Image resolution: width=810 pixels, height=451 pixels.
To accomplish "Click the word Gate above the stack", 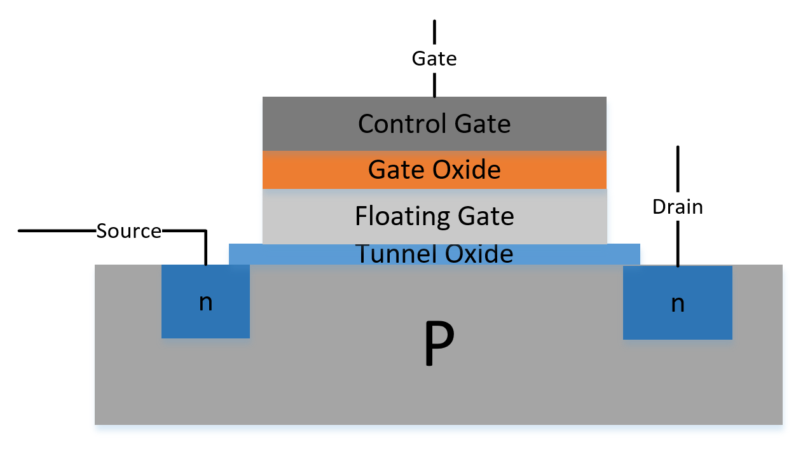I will point(434,59).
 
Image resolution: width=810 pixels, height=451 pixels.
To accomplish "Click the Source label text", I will point(128,231).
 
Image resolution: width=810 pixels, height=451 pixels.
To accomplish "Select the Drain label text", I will point(678,207).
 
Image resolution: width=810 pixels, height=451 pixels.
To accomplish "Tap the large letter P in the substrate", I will point(439,344).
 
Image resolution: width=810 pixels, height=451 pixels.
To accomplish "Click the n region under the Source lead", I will point(184,318).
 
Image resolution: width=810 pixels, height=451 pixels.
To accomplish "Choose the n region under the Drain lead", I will point(649,318).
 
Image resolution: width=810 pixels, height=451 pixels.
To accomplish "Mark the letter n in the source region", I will point(205,302).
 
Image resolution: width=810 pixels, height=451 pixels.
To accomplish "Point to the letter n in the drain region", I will point(678,303).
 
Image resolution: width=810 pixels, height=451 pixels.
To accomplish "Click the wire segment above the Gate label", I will point(435,33).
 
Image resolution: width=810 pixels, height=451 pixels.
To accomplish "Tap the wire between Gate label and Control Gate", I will point(435,84).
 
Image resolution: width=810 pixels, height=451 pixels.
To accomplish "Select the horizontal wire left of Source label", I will point(57,230).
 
